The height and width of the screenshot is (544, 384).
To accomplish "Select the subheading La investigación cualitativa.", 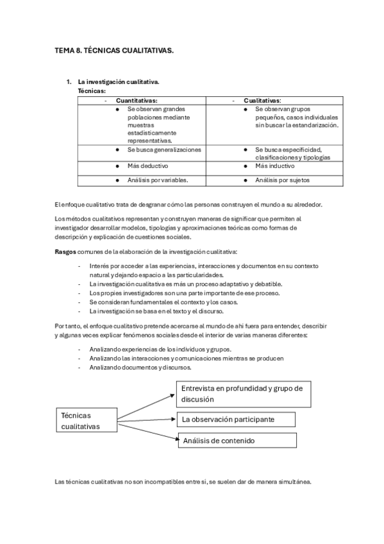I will tap(119, 83).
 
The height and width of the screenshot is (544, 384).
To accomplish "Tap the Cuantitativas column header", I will tap(137, 101).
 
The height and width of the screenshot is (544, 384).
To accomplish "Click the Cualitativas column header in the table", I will tap(262, 101).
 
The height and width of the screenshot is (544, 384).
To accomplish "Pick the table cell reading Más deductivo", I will tap(148, 165).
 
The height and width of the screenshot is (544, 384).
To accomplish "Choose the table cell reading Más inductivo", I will tap(274, 165).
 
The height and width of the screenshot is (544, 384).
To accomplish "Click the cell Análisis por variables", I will tap(158, 180).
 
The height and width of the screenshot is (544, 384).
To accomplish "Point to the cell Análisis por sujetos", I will tap(282, 180).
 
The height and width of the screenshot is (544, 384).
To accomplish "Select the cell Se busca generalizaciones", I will tap(164, 149).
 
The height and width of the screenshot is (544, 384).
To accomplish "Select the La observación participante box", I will tap(236, 420).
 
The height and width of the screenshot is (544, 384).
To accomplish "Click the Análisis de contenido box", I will tap(236, 441).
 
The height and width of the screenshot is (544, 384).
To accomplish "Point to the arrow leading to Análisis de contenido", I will tap(147, 432).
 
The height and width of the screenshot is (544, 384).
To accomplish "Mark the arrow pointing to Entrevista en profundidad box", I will tap(147, 402).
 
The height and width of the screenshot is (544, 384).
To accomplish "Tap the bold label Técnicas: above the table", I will tap(92, 92).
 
